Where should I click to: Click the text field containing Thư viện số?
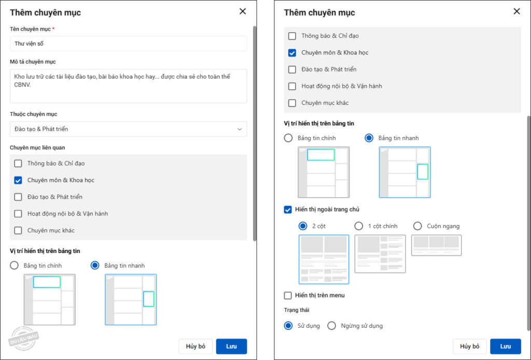[128, 44]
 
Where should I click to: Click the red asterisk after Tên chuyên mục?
[53, 29]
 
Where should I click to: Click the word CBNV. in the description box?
[22, 85]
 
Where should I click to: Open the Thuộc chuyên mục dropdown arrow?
[240, 129]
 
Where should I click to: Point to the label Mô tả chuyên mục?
[33, 62]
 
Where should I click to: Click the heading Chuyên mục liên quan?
[37, 148]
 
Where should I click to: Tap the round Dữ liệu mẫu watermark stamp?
[23, 338]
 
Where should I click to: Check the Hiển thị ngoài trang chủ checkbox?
[288, 210]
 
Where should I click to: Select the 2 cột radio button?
[303, 226]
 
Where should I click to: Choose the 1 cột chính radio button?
[359, 226]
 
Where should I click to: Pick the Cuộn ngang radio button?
[417, 226]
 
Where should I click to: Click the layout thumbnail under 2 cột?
[324, 259]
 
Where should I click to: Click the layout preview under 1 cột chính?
[380, 254]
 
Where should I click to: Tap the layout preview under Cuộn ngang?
[437, 245]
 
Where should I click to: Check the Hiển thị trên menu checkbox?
[288, 295]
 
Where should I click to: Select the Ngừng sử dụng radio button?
[331, 326]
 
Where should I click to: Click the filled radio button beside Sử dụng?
[288, 326]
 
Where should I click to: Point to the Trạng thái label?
[297, 310]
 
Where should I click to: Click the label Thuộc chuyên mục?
[34, 114]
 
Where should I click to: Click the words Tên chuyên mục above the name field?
[30, 29]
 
